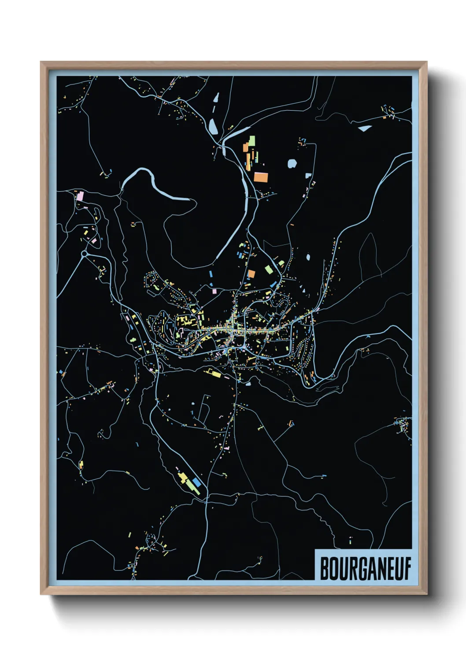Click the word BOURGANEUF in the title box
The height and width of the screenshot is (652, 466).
[x=365, y=569]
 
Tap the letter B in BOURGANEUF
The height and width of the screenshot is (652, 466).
[x=325, y=569]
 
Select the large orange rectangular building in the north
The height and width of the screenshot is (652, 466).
[x=261, y=177]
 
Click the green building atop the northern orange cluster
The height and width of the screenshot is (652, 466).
[x=252, y=140]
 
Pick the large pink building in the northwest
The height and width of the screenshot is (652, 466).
[x=80, y=195]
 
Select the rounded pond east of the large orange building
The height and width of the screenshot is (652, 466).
[x=292, y=164]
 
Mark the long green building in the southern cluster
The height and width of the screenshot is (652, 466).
[x=191, y=485]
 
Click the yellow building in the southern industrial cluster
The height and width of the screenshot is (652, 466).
[x=181, y=476]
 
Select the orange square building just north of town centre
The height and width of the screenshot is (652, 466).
[x=251, y=274]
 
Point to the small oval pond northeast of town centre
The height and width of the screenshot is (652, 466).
[x=308, y=257]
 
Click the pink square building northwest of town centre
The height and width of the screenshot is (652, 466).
[x=215, y=291]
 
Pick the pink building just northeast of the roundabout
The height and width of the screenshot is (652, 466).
[x=94, y=241]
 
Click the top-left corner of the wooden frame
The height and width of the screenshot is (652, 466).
[x=41, y=62]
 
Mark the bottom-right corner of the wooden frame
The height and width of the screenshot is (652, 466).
[x=427, y=594]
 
